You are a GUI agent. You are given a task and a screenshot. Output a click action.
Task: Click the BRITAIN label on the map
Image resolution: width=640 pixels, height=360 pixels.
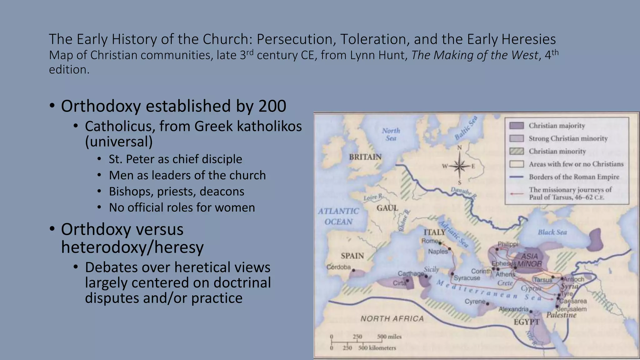pos(365,157)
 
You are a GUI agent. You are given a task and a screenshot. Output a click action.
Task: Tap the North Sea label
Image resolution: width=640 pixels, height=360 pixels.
pos(391,134)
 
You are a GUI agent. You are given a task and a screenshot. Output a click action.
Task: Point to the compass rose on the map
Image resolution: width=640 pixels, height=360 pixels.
pos(459,166)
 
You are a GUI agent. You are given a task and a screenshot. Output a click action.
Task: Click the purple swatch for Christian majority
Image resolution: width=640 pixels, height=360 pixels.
pos(516,126)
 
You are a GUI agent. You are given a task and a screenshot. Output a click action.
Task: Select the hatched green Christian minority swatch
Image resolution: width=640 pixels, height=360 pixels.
pos(516,151)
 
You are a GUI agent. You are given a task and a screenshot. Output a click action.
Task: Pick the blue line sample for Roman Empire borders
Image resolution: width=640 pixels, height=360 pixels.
pos(516,177)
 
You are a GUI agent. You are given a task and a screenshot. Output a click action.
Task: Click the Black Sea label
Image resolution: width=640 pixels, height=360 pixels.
pos(552,232)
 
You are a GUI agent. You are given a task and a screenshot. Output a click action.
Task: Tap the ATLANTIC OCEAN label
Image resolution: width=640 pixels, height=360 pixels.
pos(338,216)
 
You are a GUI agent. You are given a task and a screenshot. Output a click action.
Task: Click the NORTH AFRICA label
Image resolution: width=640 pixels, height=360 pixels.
pos(392,318)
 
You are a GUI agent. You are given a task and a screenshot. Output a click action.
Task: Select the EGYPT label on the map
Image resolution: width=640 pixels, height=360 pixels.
pos(527,322)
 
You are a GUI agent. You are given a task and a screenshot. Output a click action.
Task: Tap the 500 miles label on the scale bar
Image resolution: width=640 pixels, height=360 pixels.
pos(389,337)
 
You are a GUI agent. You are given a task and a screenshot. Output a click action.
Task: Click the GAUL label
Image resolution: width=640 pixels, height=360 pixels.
pos(387,208)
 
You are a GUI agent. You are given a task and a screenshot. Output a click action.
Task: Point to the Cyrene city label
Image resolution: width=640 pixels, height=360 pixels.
pos(475,302)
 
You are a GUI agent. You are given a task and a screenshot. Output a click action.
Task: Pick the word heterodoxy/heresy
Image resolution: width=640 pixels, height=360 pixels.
pos(132,247)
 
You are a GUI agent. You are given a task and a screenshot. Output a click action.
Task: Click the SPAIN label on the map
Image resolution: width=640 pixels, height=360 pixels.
pos(352,256)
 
